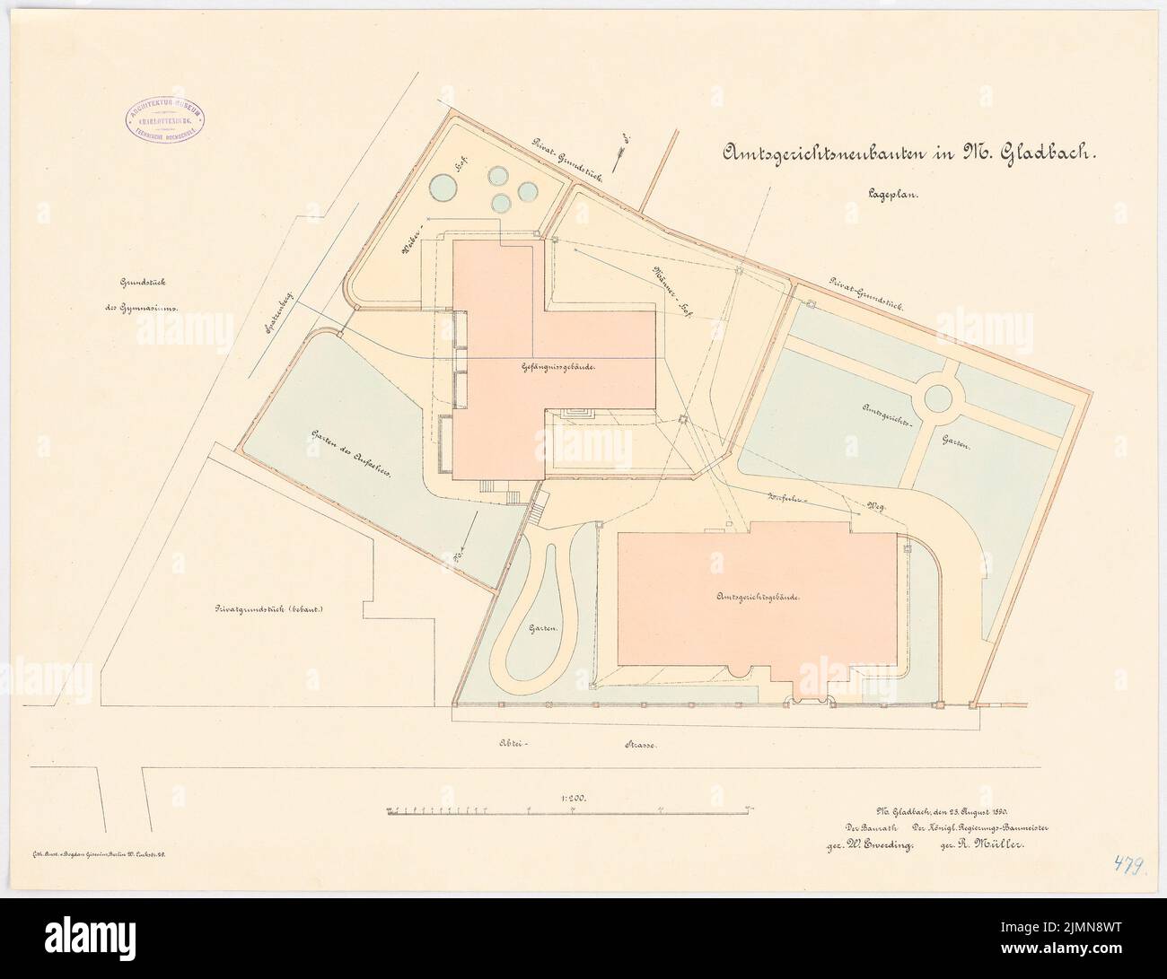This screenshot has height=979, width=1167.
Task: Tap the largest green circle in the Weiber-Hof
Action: point(442,188)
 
